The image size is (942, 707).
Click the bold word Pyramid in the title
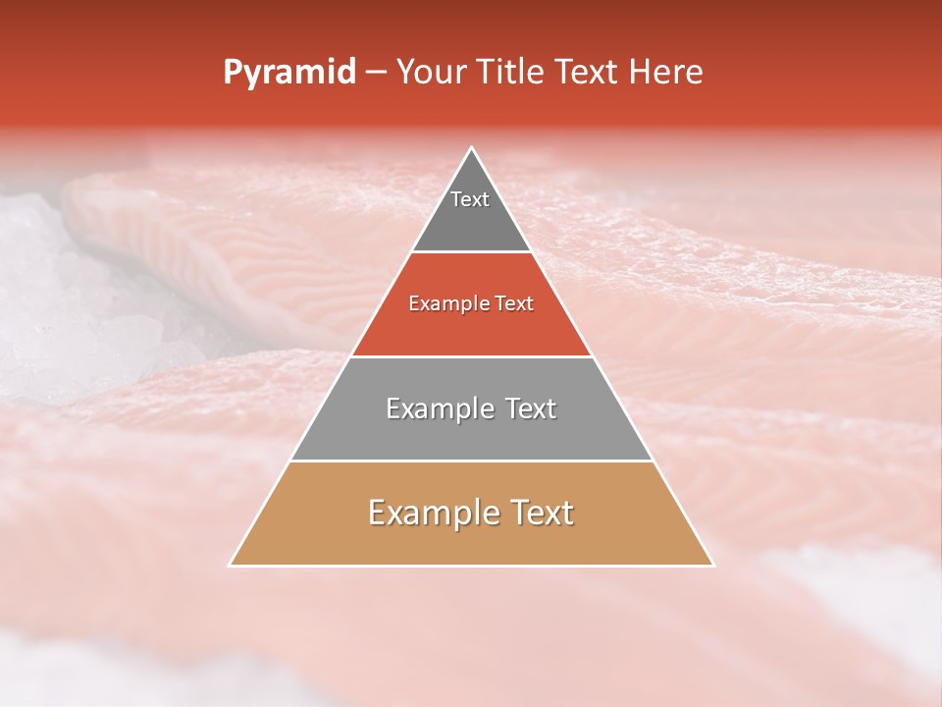(x=288, y=73)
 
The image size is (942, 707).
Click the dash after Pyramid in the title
(x=376, y=73)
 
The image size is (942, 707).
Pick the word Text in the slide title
(x=590, y=73)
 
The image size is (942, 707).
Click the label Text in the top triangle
(x=470, y=199)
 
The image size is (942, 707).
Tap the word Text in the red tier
(x=514, y=304)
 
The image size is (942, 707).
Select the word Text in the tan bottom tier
(x=541, y=513)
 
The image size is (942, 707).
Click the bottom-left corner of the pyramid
(x=231, y=565)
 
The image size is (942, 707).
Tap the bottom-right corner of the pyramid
(x=712, y=565)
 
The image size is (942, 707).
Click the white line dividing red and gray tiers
(x=472, y=356)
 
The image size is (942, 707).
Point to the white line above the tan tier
(x=472, y=461)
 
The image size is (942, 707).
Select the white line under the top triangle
(x=472, y=252)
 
